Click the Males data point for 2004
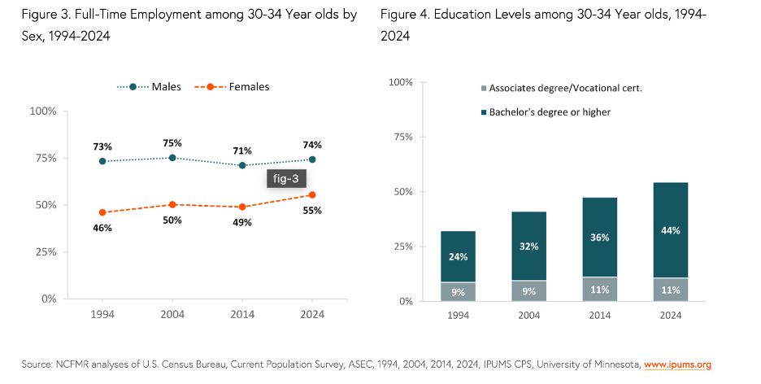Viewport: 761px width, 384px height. (172, 157)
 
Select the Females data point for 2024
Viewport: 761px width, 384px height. (312, 194)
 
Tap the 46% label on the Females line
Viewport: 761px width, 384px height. (102, 228)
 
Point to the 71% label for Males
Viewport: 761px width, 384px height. (242, 151)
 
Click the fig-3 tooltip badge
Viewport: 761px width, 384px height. (285, 179)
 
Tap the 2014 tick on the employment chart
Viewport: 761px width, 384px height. (242, 313)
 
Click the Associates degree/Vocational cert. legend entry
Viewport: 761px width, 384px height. (561, 88)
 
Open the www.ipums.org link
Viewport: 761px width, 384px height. (677, 364)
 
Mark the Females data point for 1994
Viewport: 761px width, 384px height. (102, 212)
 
